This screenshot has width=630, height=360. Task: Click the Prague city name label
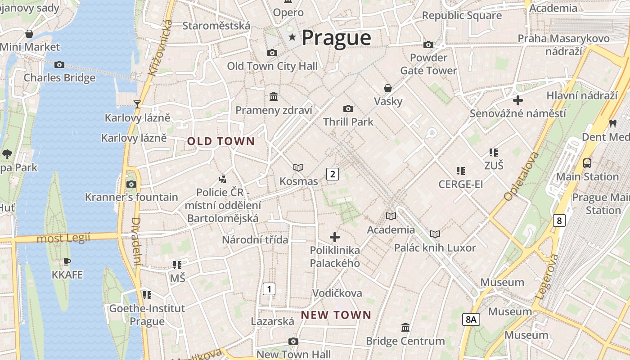click(x=336, y=38)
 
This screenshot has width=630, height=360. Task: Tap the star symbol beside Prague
click(x=292, y=37)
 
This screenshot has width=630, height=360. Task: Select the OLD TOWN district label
click(x=221, y=141)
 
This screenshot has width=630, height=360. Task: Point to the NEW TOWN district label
click(x=336, y=315)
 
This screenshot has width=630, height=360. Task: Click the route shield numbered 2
click(x=332, y=174)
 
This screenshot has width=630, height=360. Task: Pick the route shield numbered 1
click(x=269, y=288)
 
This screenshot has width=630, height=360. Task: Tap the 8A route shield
click(x=471, y=319)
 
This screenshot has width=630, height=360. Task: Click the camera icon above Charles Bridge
click(x=59, y=65)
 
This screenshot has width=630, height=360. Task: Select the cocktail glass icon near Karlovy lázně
click(x=137, y=104)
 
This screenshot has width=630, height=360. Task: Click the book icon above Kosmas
click(x=298, y=168)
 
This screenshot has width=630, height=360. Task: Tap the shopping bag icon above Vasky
click(x=387, y=88)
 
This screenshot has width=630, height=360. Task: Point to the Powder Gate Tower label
click(x=428, y=64)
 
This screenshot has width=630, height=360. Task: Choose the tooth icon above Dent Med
click(x=612, y=123)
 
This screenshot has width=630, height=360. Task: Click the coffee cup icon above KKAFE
click(x=67, y=261)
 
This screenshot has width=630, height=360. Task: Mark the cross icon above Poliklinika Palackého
click(x=335, y=237)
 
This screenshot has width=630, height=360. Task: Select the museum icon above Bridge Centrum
click(x=405, y=327)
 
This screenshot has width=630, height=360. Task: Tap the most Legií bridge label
click(x=63, y=238)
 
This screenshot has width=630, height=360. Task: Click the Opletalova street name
click(x=521, y=176)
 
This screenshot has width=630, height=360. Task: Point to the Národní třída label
click(x=255, y=240)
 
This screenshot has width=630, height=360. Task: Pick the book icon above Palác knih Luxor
click(x=435, y=234)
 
